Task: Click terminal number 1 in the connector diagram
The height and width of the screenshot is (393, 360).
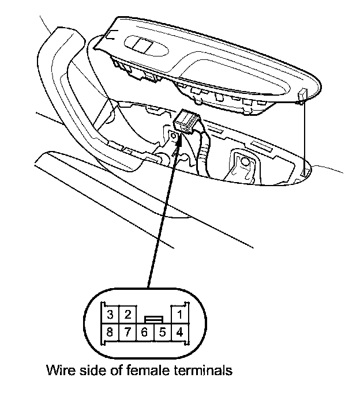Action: coord(180,315)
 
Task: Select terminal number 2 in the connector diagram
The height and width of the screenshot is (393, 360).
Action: coord(128,315)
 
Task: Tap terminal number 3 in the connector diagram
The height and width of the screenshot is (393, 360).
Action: coord(110,315)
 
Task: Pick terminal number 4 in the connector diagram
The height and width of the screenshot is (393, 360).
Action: coord(180,332)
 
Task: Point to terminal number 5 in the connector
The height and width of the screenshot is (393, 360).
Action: coord(163,332)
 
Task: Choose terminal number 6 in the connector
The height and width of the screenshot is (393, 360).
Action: coord(145,332)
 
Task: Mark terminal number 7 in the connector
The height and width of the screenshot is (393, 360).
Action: coord(128,332)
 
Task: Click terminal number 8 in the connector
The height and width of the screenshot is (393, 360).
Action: coord(110,332)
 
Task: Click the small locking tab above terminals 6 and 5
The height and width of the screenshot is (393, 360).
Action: coord(154,318)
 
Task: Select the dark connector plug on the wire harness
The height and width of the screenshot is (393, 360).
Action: coord(187,120)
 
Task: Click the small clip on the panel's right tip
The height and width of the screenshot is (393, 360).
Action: coord(303,96)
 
